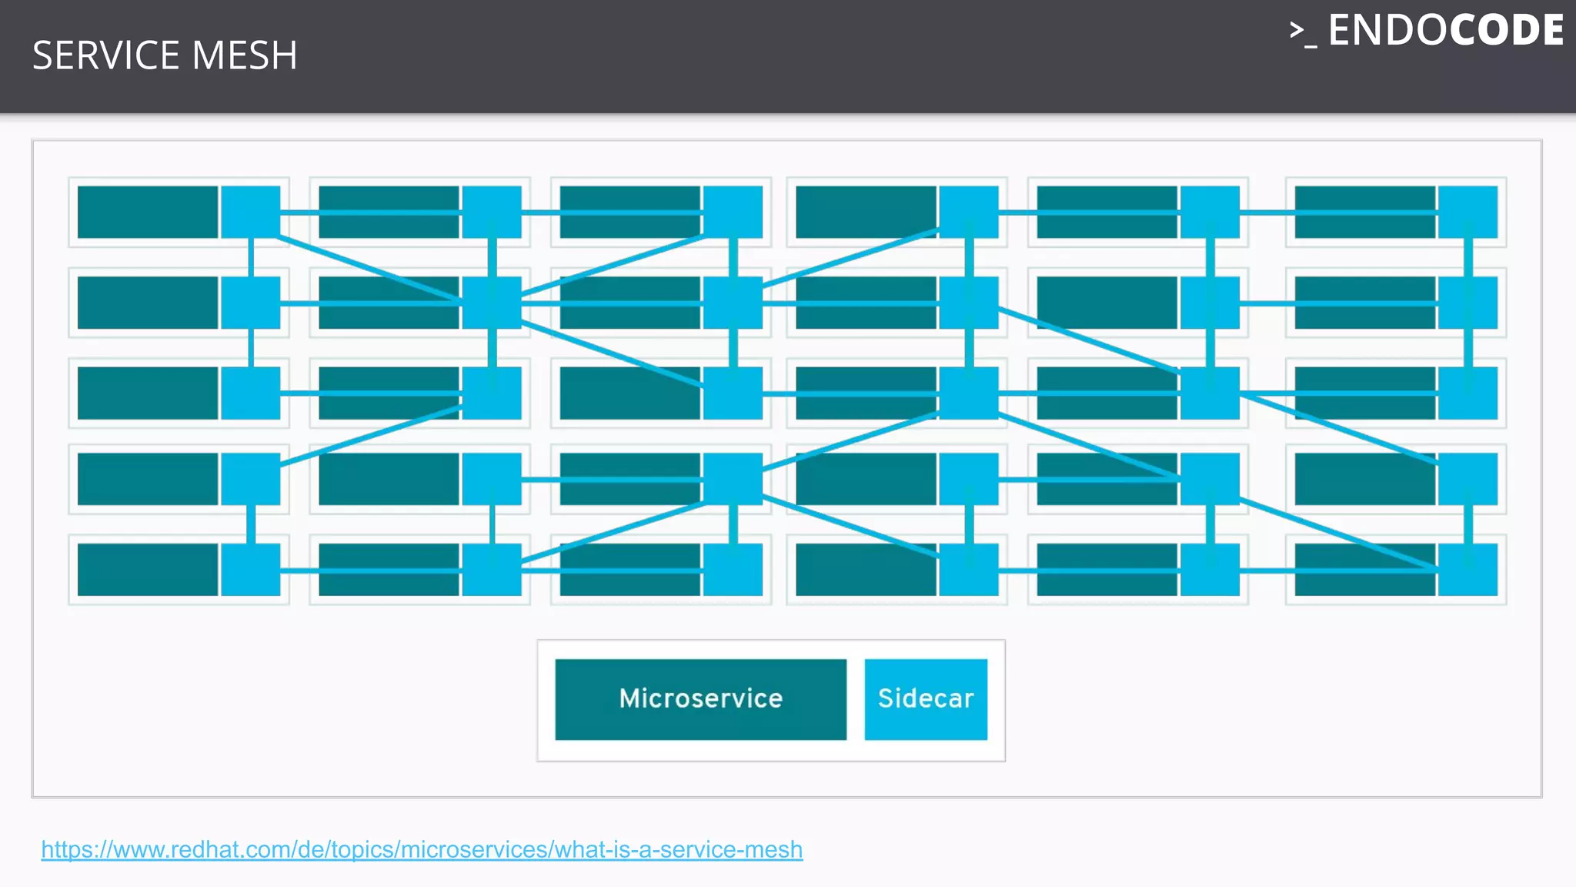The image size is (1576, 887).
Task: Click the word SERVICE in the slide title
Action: pos(107,55)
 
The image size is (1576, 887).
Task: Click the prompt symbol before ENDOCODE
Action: pos(1302,32)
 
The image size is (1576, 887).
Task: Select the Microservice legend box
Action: pos(700,699)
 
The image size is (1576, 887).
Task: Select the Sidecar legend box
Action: pos(926,699)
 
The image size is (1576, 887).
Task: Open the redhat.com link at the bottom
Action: pos(422,849)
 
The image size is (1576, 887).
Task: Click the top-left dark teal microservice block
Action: pos(148,212)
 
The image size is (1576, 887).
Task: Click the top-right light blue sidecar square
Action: pos(1467,212)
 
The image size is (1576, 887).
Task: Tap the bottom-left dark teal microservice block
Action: pos(148,570)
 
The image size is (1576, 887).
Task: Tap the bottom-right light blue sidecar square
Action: pos(1467,570)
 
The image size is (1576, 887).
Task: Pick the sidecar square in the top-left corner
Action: pos(251,212)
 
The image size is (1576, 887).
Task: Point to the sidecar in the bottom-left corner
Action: pos(251,570)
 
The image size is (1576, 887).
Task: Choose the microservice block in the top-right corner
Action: pos(1364,212)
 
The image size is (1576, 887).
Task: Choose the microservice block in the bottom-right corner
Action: pos(1364,570)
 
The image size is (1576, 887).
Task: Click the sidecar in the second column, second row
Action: pos(492,303)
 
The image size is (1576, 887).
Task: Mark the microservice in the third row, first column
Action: pos(148,393)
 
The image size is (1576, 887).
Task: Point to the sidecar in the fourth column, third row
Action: pos(968,393)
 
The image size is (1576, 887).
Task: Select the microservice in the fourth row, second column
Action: pos(389,479)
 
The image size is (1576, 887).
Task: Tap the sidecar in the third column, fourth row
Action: pos(733,479)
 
